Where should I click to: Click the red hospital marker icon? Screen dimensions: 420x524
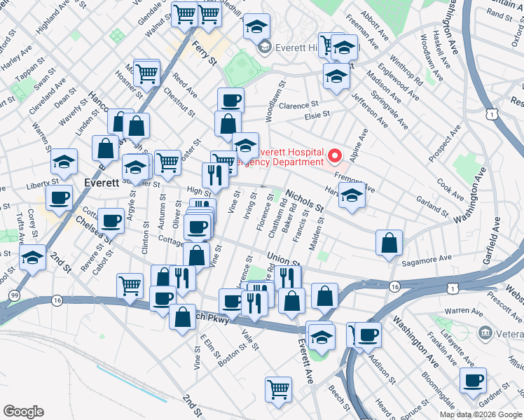(334, 155)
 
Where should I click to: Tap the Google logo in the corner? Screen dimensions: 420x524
(23, 412)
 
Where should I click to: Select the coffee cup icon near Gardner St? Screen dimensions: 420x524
(474, 381)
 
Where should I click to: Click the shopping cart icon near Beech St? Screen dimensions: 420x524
(278, 388)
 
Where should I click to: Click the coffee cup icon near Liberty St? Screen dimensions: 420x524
(60, 197)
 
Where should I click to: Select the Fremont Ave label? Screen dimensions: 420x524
(354, 183)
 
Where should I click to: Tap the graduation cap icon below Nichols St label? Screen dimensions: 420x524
(352, 197)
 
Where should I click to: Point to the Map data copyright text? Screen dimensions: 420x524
(481, 414)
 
